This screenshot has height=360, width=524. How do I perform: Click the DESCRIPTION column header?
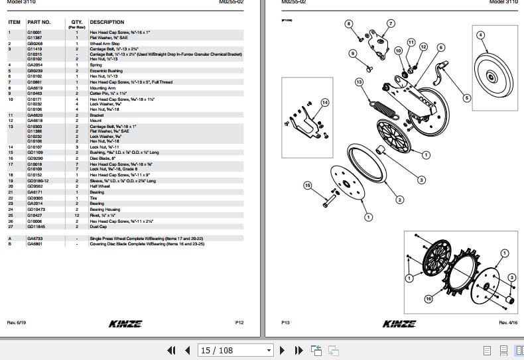coord(107,23)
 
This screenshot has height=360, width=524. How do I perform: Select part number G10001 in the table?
coord(34,32)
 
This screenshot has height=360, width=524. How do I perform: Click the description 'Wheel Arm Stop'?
coord(104,43)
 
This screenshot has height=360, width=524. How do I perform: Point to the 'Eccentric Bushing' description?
coord(105,70)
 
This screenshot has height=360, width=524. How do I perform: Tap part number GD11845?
coord(36,227)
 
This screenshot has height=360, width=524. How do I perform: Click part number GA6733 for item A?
coord(34,238)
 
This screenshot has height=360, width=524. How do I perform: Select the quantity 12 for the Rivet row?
coord(77,215)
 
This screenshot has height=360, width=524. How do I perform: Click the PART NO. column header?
coord(38,23)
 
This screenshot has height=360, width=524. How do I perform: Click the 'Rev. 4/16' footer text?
coord(508,322)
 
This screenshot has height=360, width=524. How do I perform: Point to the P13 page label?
coord(286,322)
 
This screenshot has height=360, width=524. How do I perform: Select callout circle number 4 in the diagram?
coord(481,35)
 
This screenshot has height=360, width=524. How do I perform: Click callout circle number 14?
coord(324,102)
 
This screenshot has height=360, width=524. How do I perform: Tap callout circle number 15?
coord(306,186)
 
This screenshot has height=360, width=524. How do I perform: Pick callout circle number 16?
coord(428,299)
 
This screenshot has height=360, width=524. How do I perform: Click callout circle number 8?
coord(349,24)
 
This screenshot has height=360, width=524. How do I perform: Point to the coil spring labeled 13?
coord(385,106)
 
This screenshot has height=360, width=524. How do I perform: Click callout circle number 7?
coord(390,24)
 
